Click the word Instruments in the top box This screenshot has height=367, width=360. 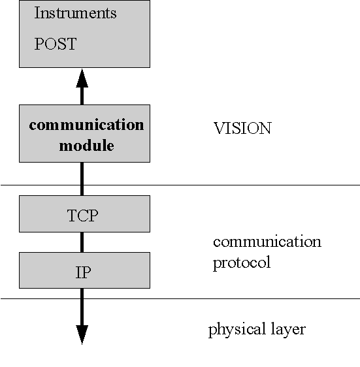pyautogui.click(x=75, y=13)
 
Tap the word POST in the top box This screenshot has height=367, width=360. pyautogui.click(x=56, y=44)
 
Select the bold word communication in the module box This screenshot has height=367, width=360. pyautogui.click(x=86, y=125)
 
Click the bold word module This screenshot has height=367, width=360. pyautogui.click(x=86, y=146)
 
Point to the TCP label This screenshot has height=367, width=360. pyautogui.click(x=83, y=215)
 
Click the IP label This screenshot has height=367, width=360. pyautogui.click(x=83, y=272)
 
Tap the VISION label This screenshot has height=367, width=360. pyautogui.click(x=242, y=128)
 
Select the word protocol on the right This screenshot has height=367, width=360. pyautogui.click(x=242, y=263)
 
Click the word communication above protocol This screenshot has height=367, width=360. pyautogui.click(x=267, y=242)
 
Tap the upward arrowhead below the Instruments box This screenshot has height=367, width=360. pyautogui.click(x=82, y=78)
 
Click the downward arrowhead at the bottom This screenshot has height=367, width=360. pyautogui.click(x=82, y=335)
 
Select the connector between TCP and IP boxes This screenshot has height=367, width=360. pyautogui.click(x=82, y=242)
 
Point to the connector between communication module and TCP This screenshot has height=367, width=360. pyautogui.click(x=82, y=179)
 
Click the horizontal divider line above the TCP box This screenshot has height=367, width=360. pyautogui.click(x=180, y=185)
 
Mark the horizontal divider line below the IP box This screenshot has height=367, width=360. pyautogui.click(x=180, y=298)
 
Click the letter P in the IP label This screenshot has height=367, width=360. pyautogui.click(x=86, y=272)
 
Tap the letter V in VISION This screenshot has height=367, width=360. pyautogui.click(x=220, y=128)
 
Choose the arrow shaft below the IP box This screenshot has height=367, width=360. pyautogui.click(x=82, y=307)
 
